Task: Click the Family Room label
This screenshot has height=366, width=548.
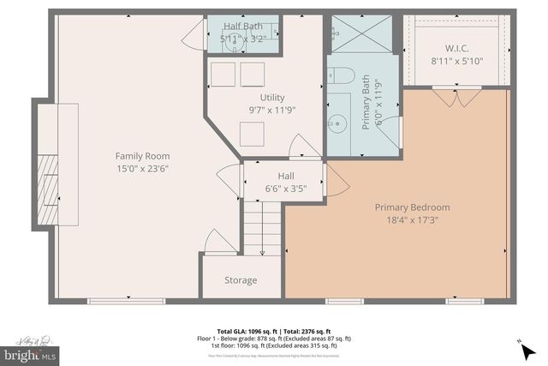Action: (x=142, y=156)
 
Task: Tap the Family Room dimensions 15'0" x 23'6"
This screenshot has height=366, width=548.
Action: (x=142, y=169)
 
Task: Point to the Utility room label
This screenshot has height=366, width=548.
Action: (x=272, y=97)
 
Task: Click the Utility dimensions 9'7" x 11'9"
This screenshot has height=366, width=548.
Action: (x=272, y=110)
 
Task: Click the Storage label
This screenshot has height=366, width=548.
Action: (x=241, y=280)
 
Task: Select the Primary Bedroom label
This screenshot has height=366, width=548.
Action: (x=412, y=207)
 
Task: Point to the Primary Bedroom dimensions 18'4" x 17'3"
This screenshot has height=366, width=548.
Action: (x=412, y=220)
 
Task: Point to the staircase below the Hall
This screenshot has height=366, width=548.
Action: (x=262, y=227)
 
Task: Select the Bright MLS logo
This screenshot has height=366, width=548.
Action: (x=31, y=353)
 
